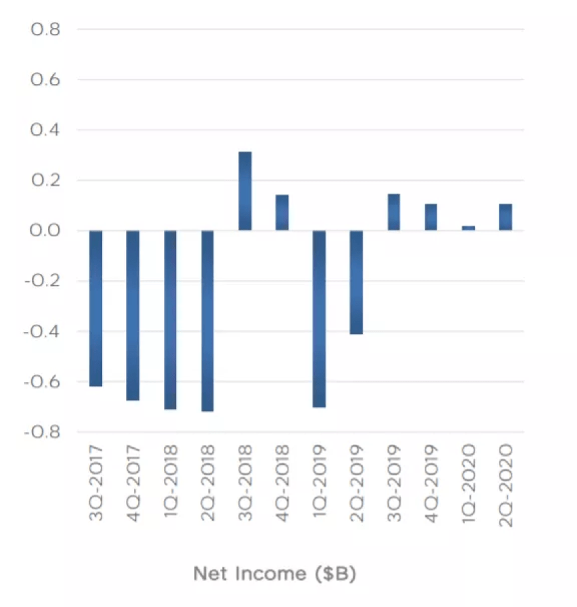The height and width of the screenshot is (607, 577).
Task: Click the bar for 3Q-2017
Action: coord(95,309)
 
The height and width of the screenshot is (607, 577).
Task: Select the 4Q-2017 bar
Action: coord(133,315)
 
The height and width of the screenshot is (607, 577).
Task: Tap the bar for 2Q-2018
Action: coord(207,321)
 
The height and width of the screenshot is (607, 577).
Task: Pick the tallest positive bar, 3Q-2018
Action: coord(245,191)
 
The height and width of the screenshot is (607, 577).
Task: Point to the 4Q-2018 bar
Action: coord(282,212)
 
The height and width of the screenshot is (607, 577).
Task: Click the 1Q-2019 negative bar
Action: coord(319,319)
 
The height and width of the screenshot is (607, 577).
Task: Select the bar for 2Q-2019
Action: coord(356,282)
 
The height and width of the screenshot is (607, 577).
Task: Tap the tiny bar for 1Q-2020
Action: coord(468,228)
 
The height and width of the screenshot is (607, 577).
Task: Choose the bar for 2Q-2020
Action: coord(506,217)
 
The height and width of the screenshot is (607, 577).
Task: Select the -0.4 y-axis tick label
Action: coord(41,331)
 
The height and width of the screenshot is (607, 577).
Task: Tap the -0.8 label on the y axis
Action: coord(41,432)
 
